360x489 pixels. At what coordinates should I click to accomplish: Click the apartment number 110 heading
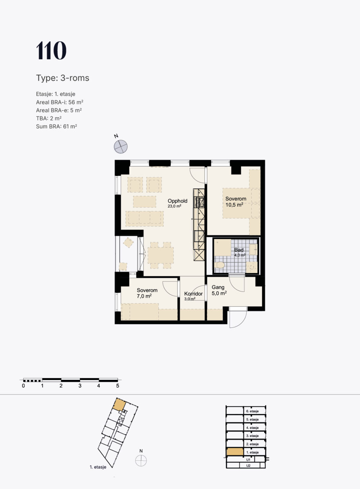(51, 50)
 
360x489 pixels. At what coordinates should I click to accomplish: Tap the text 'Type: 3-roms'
(63, 78)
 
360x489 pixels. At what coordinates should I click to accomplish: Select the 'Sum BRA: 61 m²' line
(56, 126)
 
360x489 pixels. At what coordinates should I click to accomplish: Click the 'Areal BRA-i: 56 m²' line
(60, 102)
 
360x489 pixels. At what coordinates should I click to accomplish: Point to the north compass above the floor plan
(121, 146)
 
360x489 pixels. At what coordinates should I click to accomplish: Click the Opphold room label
(178, 201)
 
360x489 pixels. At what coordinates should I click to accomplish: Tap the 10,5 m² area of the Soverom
(234, 205)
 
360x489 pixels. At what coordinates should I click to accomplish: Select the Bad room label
(239, 250)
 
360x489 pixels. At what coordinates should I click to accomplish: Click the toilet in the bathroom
(219, 265)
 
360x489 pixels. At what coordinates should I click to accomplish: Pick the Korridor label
(193, 294)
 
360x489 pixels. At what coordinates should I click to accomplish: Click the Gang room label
(218, 287)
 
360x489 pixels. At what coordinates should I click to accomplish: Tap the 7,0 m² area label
(144, 296)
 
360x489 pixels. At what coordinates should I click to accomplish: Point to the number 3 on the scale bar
(80, 386)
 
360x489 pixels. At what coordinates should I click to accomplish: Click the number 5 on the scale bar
(118, 386)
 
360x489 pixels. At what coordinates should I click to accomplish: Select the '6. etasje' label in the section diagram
(252, 411)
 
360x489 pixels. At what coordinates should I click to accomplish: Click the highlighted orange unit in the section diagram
(235, 452)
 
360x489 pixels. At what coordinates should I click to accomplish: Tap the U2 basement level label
(248, 466)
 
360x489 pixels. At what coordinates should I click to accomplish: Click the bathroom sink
(253, 249)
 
